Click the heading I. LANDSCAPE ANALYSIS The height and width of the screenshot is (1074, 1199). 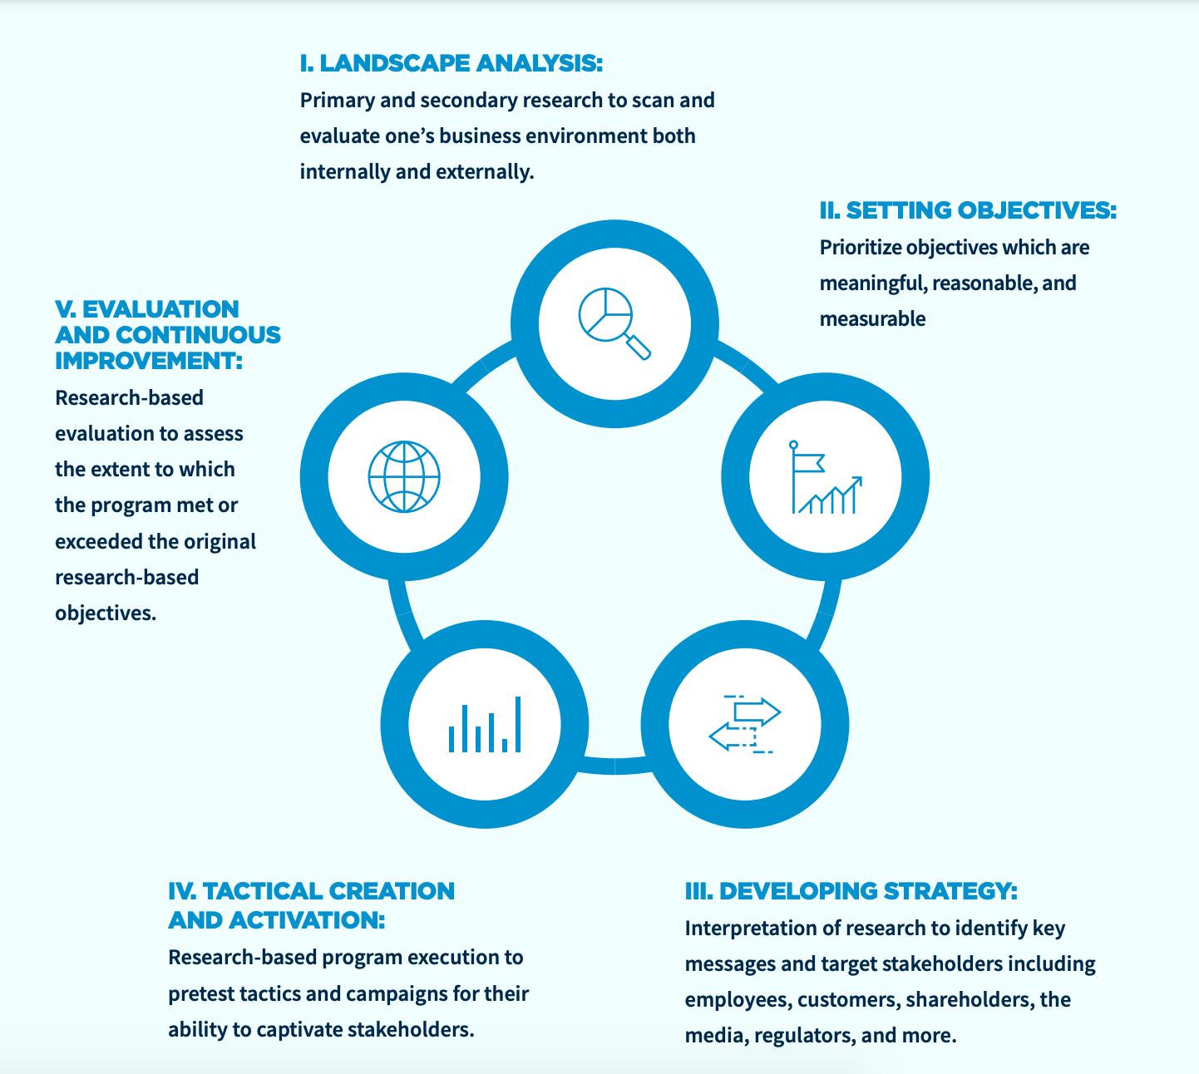pyautogui.click(x=451, y=63)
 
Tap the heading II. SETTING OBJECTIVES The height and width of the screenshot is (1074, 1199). pyautogui.click(x=967, y=211)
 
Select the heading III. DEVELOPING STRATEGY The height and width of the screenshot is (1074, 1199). pyautogui.click(x=851, y=891)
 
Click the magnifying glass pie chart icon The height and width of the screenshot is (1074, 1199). pyautogui.click(x=614, y=323)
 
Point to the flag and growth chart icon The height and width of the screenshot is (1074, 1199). pyautogui.click(x=825, y=477)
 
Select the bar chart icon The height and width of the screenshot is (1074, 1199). pyautogui.click(x=485, y=725)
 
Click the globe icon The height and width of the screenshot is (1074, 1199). pyautogui.click(x=404, y=477)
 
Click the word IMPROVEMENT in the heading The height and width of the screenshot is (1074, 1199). pyautogui.click(x=148, y=361)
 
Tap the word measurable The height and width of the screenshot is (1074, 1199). pyautogui.click(x=872, y=319)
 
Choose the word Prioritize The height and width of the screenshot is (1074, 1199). pyautogui.click(x=860, y=248)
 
